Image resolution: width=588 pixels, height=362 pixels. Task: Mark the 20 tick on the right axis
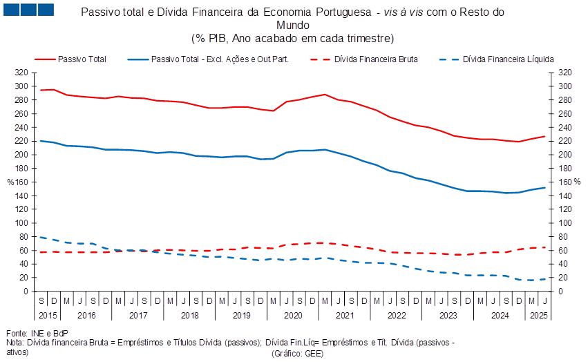[565, 278]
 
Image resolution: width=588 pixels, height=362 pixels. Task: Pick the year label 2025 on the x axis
[538, 315]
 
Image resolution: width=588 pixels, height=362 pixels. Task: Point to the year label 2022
[396, 315]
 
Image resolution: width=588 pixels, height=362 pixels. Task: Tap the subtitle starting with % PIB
[293, 37]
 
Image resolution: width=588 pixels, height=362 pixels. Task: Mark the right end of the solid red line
[544, 136]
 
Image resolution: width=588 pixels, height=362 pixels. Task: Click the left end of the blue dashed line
[40, 237]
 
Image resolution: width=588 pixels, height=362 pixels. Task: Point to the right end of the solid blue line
[544, 187]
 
